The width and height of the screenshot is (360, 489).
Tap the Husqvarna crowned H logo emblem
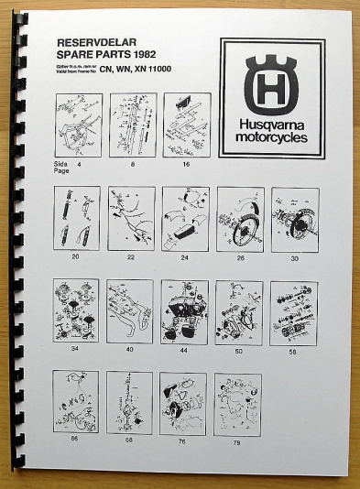271,82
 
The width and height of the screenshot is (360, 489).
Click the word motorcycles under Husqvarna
271,138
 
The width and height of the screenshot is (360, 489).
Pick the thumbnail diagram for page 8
133,125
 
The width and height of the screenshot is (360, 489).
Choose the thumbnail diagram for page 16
188,125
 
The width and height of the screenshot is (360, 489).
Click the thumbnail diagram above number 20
76,218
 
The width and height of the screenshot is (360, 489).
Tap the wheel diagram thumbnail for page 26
240,219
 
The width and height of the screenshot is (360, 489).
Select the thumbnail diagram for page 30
295,219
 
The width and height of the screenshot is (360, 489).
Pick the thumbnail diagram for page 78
237,404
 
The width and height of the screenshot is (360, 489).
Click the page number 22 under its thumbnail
130,257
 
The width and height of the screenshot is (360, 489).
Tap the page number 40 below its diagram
130,350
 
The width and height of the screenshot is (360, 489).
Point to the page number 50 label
239,350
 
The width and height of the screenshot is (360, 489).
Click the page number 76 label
183,441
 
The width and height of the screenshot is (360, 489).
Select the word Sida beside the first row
62,161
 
